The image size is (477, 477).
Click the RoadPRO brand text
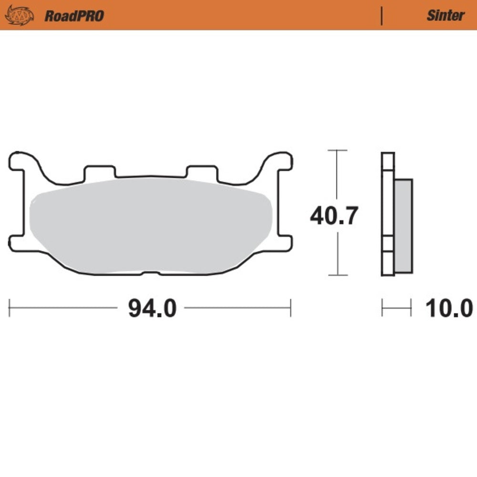click(74, 16)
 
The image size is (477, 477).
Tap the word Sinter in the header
click(445, 16)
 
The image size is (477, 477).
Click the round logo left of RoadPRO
click(20, 15)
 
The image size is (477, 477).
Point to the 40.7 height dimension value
click(333, 216)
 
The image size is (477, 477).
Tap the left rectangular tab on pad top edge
click(99, 172)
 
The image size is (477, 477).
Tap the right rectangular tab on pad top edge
click(202, 172)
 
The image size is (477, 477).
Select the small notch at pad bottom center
click(151, 272)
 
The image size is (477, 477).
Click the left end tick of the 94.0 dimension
click(10, 308)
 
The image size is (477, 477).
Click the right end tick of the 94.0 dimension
click(290, 308)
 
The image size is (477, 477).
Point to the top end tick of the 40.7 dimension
click(338, 150)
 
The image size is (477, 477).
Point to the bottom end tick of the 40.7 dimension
click(338, 275)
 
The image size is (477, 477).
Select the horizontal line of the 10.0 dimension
click(396, 308)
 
